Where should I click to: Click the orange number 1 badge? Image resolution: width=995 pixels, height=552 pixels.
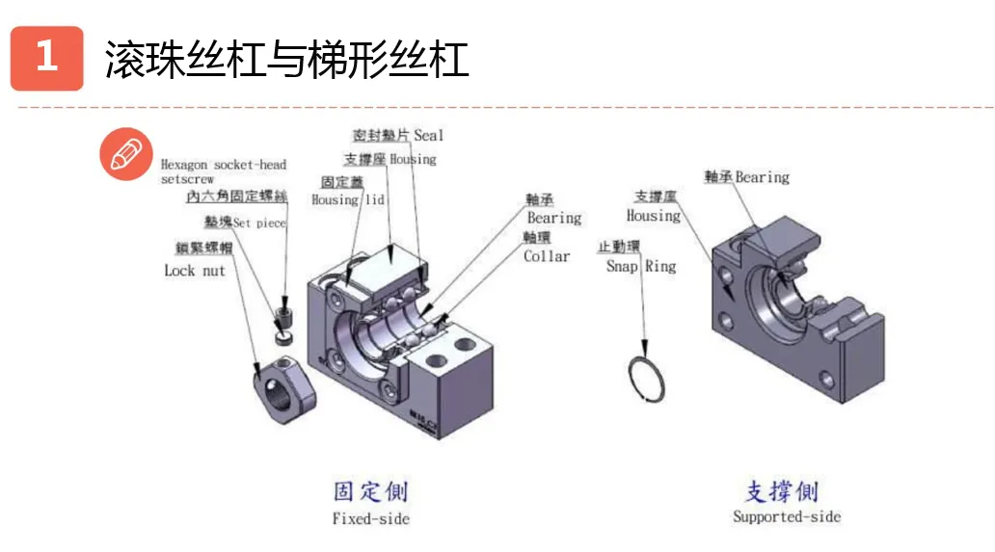[46, 58]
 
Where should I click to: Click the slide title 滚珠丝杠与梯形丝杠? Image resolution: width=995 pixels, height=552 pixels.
[286, 59]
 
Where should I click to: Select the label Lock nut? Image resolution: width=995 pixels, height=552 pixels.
[194, 271]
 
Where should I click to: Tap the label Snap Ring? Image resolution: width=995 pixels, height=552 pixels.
[640, 266]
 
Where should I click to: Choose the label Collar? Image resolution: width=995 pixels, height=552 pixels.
[547, 256]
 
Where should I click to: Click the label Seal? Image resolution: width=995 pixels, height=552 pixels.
[428, 136]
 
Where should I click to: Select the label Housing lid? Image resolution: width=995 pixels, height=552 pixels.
[348, 199]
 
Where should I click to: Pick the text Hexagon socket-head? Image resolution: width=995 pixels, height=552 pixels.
[223, 165]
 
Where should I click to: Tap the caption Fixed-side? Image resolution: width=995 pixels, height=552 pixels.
[370, 519]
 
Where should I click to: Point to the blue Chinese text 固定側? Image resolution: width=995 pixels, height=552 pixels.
[370, 491]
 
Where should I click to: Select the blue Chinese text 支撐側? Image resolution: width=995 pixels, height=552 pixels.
[782, 491]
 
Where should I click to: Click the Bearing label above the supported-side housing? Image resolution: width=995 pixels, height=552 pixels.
[762, 177]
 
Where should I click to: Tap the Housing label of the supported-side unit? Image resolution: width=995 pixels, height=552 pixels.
[653, 216]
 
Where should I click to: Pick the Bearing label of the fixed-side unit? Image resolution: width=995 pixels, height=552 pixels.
[553, 219]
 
